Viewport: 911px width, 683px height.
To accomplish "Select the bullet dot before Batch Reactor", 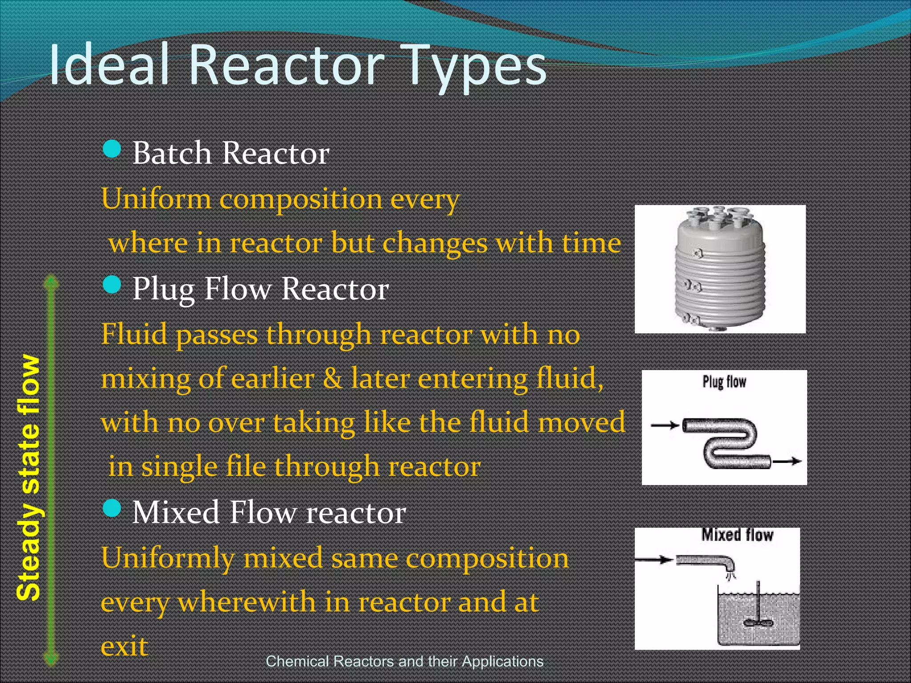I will pos(112,149).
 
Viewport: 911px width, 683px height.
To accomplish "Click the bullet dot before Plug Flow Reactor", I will pos(112,285).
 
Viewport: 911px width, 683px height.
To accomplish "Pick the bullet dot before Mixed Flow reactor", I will pos(112,508).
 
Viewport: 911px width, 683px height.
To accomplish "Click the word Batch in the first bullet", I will pos(172,153).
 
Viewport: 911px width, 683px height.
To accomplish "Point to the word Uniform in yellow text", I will pos(156,199).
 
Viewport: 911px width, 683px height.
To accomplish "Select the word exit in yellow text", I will pos(124,647).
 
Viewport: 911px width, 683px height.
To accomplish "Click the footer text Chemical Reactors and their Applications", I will pos(404,662).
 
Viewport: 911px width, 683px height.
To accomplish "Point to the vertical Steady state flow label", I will pos(28,478).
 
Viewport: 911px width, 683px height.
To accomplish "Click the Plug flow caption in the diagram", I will pos(724,382).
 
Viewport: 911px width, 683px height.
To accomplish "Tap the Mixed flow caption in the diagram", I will pos(737,535).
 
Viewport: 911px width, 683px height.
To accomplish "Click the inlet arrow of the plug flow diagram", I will pos(665,426).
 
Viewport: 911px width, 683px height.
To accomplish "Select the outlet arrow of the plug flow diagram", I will pos(787,462).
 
